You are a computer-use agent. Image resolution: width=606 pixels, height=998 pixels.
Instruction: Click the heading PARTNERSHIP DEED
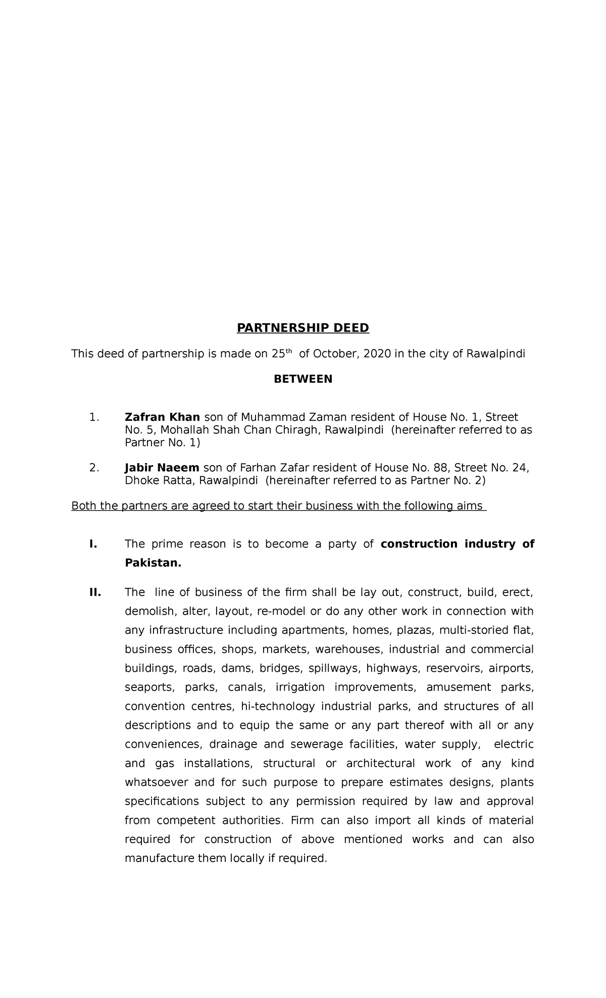tap(303, 328)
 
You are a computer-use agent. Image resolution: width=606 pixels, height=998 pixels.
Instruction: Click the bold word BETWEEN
tap(303, 379)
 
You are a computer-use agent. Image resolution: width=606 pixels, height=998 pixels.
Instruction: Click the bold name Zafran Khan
tap(162, 417)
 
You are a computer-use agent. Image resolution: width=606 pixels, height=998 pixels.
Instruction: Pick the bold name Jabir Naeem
tap(162, 468)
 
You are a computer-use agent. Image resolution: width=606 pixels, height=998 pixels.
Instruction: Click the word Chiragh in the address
tap(301, 430)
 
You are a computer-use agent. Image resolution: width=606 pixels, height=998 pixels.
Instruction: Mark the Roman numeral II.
tap(95, 592)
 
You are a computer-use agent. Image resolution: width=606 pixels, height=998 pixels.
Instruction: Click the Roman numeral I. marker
tap(93, 544)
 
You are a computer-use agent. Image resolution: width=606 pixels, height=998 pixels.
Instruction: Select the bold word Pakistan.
tap(153, 563)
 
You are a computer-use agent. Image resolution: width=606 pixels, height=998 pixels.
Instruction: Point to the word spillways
tap(333, 669)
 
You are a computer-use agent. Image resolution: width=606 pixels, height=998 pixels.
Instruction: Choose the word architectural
tap(380, 764)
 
